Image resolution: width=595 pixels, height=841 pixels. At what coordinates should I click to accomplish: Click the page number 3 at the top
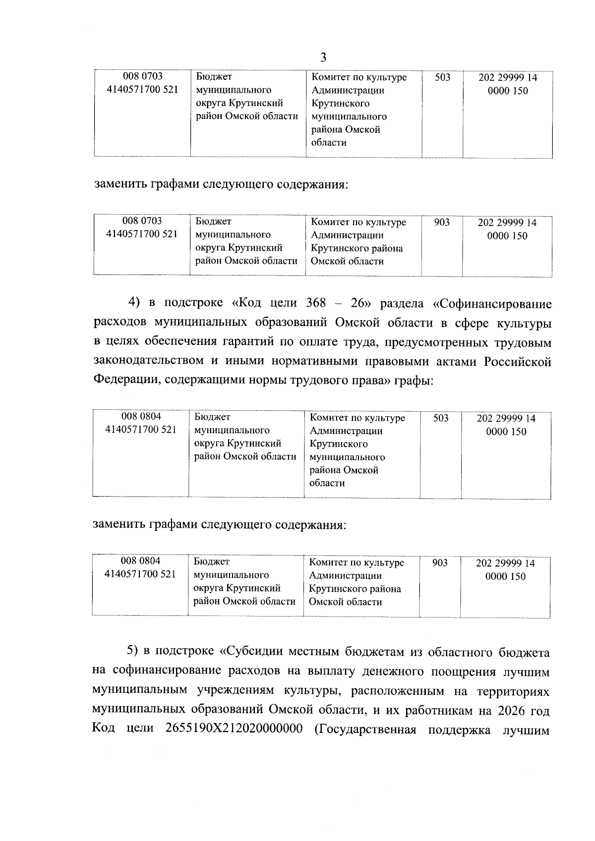tap(323, 58)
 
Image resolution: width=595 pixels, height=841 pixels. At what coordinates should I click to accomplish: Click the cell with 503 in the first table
tap(442, 77)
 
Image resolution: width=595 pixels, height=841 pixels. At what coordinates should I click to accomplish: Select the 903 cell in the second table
tap(442, 223)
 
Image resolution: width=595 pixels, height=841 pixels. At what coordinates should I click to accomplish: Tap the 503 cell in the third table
tap(441, 418)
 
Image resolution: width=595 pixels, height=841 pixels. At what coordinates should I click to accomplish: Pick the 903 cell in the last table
tap(440, 563)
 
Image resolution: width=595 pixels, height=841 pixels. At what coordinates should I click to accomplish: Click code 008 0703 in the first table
tap(143, 77)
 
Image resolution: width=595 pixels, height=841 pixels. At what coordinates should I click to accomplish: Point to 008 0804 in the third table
tap(141, 417)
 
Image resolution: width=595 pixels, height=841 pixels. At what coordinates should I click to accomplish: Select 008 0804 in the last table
tap(141, 561)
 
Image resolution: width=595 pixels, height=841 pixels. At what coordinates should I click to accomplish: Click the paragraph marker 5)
tap(134, 653)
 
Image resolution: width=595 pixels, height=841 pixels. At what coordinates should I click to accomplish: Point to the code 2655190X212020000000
tap(233, 730)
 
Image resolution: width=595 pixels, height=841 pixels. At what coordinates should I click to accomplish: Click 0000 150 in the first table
tap(508, 91)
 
